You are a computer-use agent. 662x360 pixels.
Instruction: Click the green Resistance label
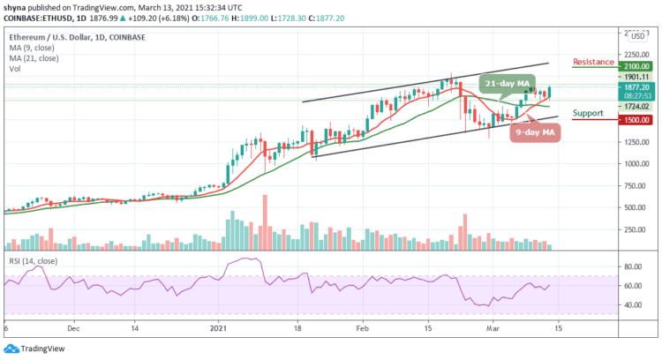tap(592, 63)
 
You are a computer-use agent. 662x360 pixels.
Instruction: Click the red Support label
tap(589, 114)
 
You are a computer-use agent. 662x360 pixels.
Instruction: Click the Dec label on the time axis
tap(73, 326)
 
